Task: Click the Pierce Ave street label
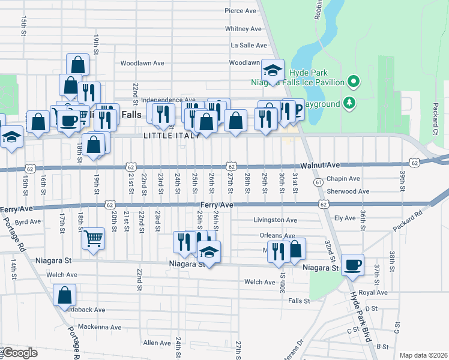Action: pos(241,11)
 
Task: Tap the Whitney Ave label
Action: pos(243,28)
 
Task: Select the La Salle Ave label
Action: pos(249,45)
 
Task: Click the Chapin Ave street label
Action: pos(344,178)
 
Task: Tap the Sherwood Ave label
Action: pos(348,191)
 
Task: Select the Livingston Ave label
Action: pos(275,220)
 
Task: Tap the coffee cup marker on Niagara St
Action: pos(353,264)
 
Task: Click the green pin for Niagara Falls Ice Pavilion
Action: pos(354,82)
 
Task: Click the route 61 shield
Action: pos(318,181)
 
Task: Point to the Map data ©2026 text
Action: pos(423,355)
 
